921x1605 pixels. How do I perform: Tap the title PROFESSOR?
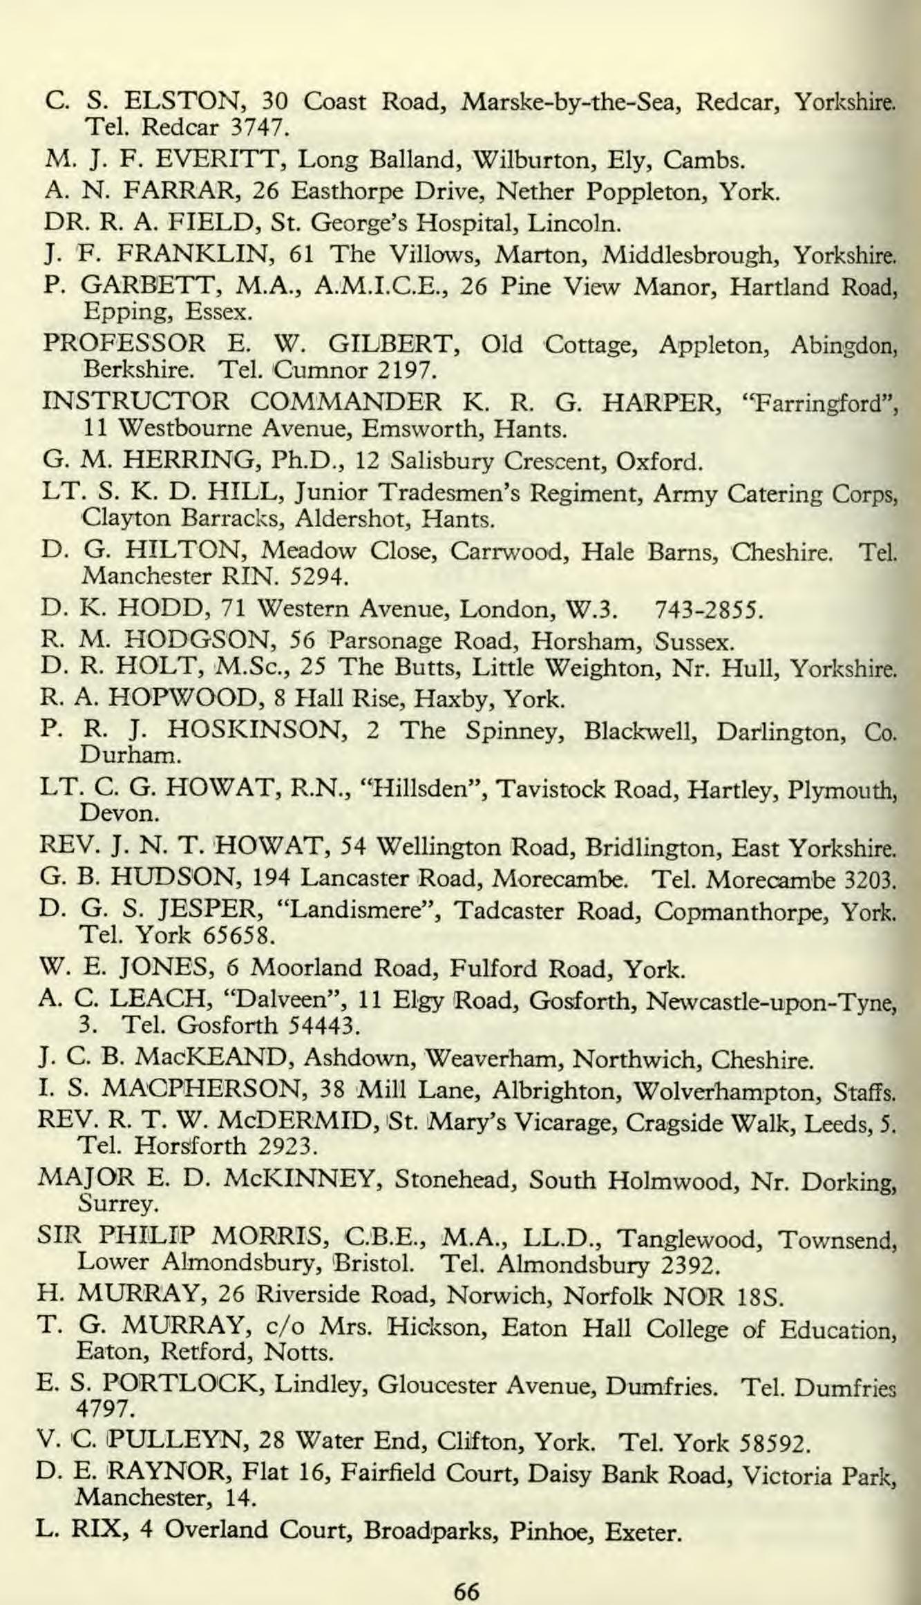click(124, 344)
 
